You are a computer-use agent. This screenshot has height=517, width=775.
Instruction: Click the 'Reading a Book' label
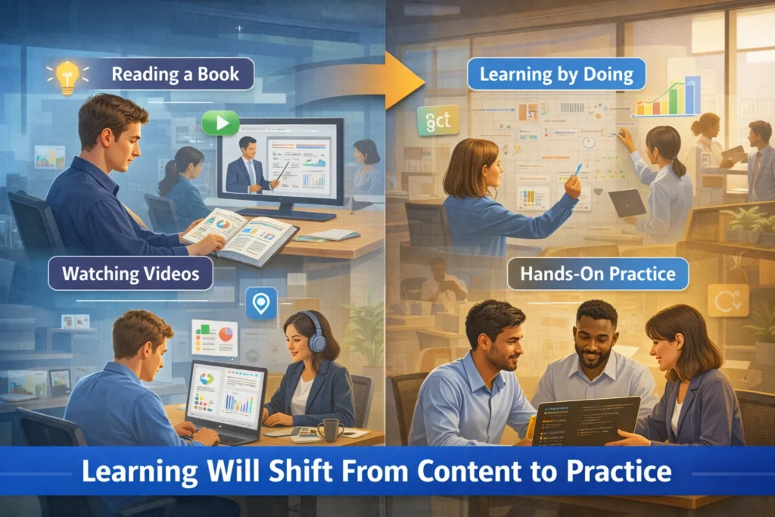175,74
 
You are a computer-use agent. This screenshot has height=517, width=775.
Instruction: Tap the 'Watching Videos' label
130,273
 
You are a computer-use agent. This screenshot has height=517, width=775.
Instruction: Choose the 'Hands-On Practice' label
598,273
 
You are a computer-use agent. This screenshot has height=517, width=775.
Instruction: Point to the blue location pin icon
261,303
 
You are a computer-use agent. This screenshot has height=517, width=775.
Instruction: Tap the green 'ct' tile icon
437,120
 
